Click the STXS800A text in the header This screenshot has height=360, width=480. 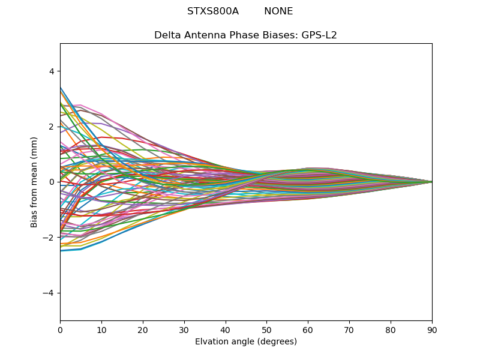pyautogui.click(x=213, y=11)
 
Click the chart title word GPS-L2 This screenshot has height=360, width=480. pyautogui.click(x=319, y=35)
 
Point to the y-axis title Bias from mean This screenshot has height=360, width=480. pyautogui.click(x=35, y=182)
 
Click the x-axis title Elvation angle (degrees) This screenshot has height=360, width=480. pyautogui.click(x=246, y=342)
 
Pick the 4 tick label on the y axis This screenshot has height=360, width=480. pyautogui.click(x=52, y=71)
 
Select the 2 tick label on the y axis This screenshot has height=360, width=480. pyautogui.click(x=52, y=127)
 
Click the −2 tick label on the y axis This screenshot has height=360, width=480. pyautogui.click(x=49, y=238)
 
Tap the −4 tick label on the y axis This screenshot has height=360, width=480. pyautogui.click(x=49, y=293)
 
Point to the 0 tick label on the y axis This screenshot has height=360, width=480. pyautogui.click(x=52, y=182)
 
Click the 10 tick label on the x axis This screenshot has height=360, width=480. pyautogui.click(x=101, y=329)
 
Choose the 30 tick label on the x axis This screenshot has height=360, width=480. pyautogui.click(x=184, y=329)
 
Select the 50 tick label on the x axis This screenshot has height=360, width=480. pyautogui.click(x=266, y=329)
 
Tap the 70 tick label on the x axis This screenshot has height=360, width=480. pyautogui.click(x=349, y=329)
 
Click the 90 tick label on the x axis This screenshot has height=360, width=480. pyautogui.click(x=432, y=329)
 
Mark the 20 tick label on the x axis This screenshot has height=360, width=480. pyautogui.click(x=143, y=329)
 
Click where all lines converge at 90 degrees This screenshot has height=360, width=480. pyautogui.click(x=431, y=182)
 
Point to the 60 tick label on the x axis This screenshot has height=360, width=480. pyautogui.click(x=308, y=329)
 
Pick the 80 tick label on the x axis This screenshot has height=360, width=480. pyautogui.click(x=391, y=329)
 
